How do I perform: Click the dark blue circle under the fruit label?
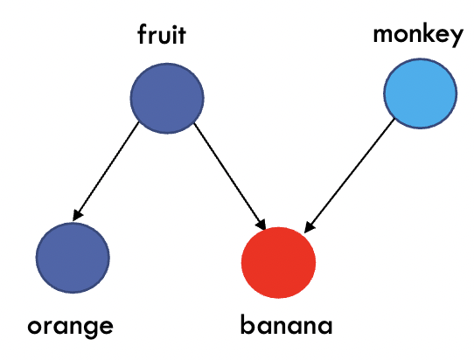point(167,98)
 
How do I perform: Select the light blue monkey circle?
point(421,93)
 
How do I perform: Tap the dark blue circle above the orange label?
point(73,258)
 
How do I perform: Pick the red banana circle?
point(278,263)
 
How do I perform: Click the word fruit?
point(162,34)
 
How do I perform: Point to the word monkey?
point(418,35)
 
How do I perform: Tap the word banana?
point(286,324)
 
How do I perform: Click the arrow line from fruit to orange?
point(106,171)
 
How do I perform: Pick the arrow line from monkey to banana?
point(349,176)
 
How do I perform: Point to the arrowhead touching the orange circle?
point(77,214)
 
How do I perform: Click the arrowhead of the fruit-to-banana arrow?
point(261,224)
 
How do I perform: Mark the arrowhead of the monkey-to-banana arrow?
point(309,227)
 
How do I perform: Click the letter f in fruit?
point(143,34)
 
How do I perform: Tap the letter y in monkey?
point(457,38)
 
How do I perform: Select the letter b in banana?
point(247,324)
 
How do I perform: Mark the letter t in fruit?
point(182,36)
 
